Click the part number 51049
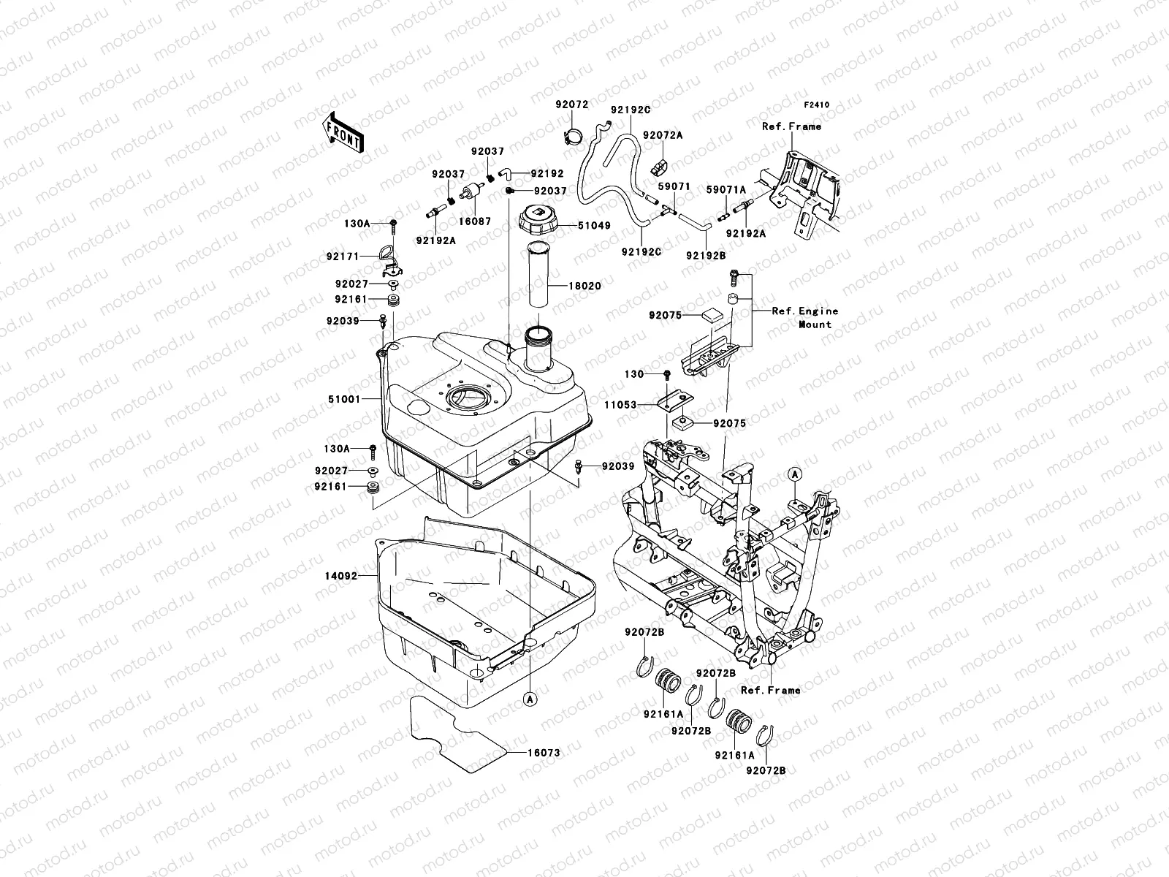[x=594, y=226]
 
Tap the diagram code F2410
[x=818, y=105]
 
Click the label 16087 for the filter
[x=475, y=221]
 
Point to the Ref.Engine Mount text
[x=805, y=317]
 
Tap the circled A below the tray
[x=530, y=699]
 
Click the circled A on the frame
[x=796, y=474]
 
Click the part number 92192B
[x=705, y=256]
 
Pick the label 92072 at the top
[x=571, y=105]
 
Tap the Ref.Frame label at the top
[x=791, y=126]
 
